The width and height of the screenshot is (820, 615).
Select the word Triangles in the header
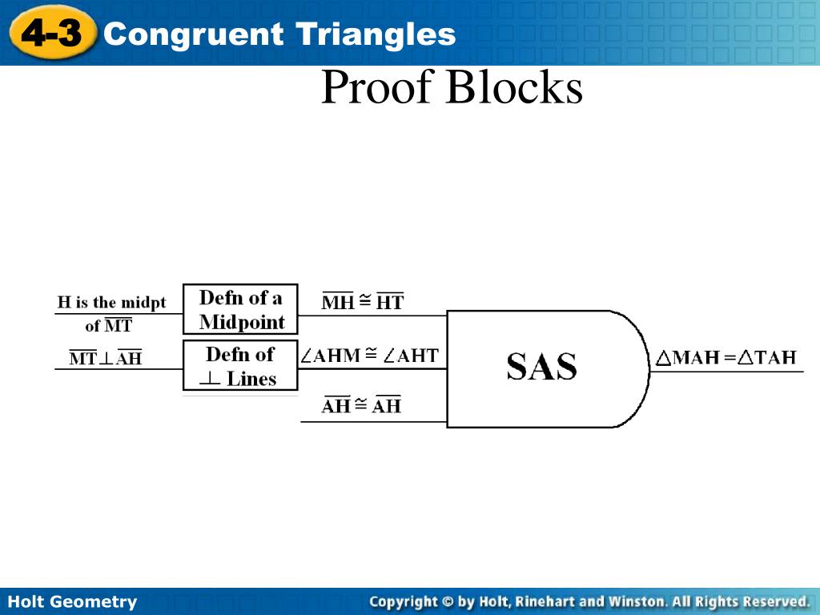(376, 34)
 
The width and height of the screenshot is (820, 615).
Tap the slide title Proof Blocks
(452, 88)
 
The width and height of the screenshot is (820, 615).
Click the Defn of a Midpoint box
(240, 309)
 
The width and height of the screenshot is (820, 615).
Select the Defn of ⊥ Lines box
(240, 366)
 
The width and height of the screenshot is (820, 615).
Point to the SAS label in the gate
(541, 367)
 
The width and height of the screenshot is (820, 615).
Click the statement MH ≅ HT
(363, 302)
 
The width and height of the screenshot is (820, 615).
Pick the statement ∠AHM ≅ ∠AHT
(370, 355)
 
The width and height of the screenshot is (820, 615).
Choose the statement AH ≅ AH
(361, 406)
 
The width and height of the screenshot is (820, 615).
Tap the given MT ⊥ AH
(105, 358)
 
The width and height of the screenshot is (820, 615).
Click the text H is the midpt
(111, 303)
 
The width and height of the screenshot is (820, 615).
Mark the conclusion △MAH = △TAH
(726, 357)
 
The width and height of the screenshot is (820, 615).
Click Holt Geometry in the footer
(72, 601)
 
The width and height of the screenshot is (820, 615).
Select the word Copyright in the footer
(403, 601)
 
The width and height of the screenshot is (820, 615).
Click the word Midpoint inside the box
(242, 322)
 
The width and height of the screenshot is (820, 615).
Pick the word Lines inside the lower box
(251, 379)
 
